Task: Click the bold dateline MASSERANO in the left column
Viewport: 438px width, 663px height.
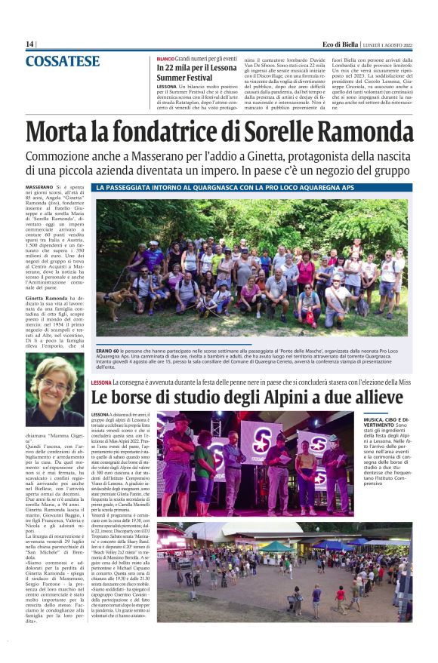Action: pos(39,186)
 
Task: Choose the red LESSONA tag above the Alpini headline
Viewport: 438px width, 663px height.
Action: pos(102,383)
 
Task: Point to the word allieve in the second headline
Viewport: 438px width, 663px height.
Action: pos(375,397)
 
